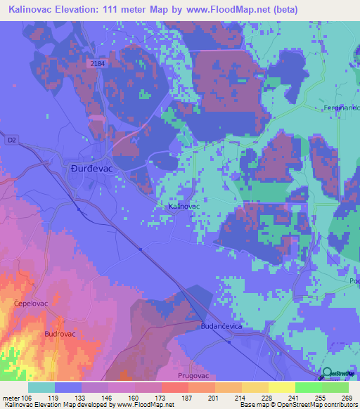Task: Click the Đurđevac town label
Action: click(x=90, y=169)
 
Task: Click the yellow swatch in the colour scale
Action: click(x=281, y=387)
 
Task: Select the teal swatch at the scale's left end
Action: click(x=41, y=387)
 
